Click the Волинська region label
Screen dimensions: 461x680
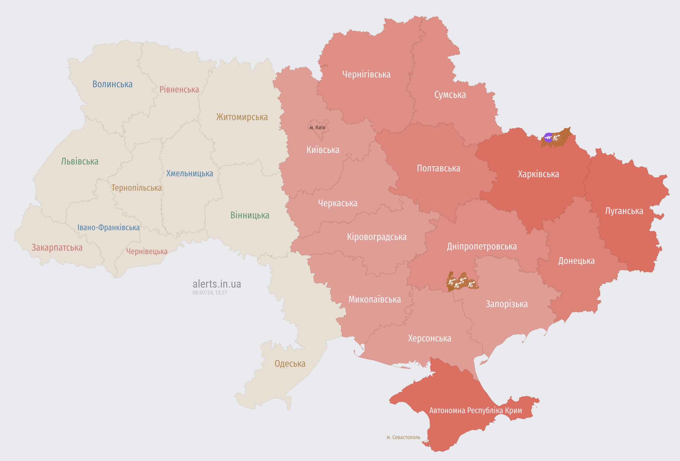112,84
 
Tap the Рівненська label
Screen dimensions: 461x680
179,89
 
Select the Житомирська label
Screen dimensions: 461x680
242,117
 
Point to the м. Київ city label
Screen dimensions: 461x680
318,127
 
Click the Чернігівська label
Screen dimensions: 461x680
366,74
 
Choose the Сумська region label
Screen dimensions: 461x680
450,95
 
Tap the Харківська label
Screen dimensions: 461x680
538,174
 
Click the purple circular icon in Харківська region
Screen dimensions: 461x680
548,137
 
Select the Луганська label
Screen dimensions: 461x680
624,211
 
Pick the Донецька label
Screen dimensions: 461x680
576,260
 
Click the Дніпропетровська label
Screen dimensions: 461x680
482,246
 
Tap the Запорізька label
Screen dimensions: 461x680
507,304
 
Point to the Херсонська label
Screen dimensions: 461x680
429,338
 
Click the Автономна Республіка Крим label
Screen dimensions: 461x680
476,410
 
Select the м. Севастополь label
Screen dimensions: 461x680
403,437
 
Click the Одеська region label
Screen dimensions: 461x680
290,363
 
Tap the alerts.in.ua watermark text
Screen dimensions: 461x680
217,284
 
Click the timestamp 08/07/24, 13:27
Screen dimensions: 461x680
210,293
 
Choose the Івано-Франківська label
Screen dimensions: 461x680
108,227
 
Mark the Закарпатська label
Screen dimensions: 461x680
57,247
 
